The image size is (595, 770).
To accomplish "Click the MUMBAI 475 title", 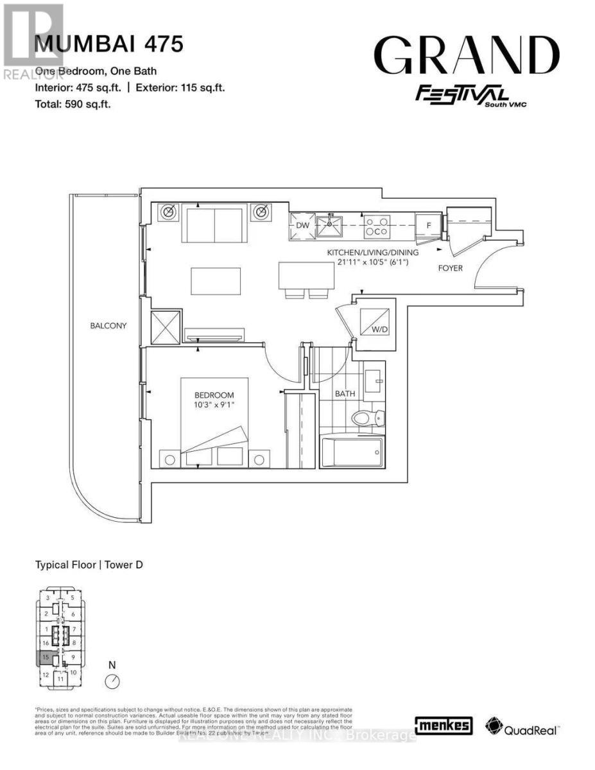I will [x=108, y=44].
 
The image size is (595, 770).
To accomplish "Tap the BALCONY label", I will [x=108, y=326].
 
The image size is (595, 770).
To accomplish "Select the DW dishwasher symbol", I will [x=303, y=226].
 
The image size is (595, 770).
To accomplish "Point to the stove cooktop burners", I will [x=375, y=226].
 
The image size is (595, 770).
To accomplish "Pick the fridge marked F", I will [x=426, y=225].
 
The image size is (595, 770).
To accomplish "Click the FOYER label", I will [x=451, y=268].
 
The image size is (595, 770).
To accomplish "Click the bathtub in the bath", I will [x=350, y=454].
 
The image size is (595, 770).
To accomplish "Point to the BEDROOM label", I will [x=214, y=395].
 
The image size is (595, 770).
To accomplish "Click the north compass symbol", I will [x=113, y=681].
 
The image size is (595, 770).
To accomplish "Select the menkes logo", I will [x=444, y=726].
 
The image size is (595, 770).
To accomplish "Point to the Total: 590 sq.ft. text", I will [x=73, y=103].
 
